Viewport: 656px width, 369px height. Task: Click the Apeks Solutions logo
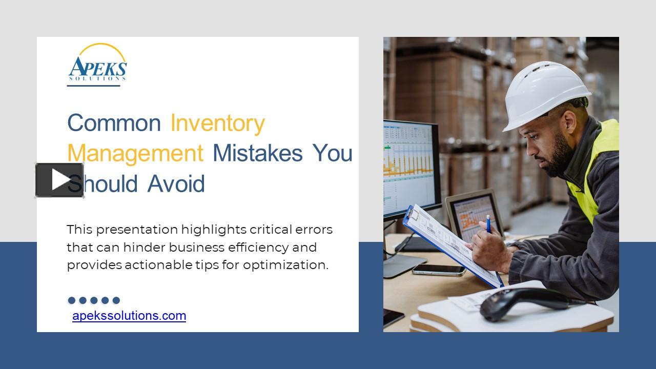tap(97, 64)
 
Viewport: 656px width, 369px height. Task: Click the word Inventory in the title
tap(217, 124)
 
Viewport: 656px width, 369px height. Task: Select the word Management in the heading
tap(135, 153)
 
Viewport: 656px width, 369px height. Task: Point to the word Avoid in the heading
tap(176, 184)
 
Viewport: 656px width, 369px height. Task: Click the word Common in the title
tap(114, 124)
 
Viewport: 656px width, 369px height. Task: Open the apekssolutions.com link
tap(129, 316)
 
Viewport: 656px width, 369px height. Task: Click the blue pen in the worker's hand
tap(488, 223)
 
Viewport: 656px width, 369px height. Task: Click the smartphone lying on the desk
tap(438, 270)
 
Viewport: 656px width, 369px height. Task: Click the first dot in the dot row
tap(72, 300)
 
